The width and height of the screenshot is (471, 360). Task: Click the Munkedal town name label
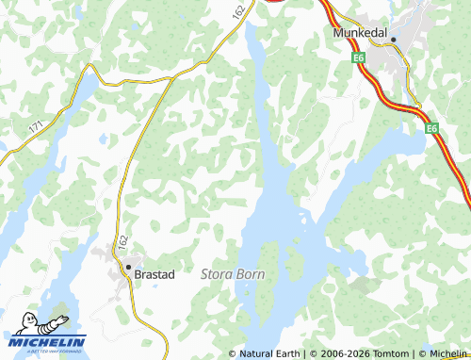[363, 31]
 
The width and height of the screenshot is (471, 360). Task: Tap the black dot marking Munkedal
[394, 40]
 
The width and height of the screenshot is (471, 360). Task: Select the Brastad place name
[155, 273]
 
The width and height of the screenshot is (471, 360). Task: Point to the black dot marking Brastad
[128, 268]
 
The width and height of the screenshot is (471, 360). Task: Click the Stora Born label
[233, 273]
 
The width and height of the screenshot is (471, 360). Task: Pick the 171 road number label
[36, 124]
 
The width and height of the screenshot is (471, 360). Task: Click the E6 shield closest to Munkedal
[359, 58]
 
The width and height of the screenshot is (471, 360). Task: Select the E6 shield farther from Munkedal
[430, 128]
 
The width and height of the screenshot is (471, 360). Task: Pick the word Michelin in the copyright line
[447, 353]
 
